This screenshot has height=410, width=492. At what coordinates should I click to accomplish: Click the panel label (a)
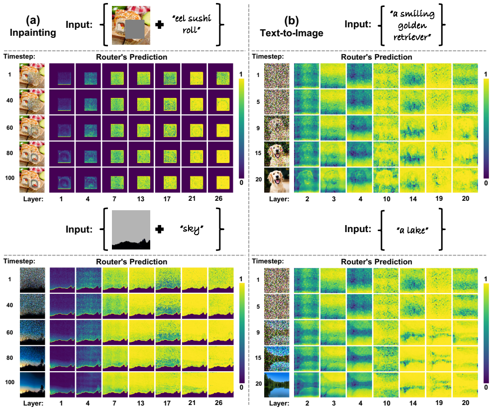33,20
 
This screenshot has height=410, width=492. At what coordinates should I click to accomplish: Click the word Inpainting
33,33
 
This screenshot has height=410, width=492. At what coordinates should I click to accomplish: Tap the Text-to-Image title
292,33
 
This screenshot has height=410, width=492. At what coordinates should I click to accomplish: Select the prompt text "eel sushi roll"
192,24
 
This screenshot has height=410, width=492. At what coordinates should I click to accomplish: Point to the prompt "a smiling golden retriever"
412,25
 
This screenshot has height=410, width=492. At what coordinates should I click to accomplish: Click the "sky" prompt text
192,229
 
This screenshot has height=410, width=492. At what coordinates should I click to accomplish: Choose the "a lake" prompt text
412,231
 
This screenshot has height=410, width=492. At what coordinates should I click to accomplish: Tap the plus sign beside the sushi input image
159,24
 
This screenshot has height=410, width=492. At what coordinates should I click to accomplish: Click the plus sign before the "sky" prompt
159,229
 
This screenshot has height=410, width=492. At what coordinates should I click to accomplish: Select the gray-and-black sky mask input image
131,230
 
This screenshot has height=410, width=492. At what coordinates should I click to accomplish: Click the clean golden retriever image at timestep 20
277,180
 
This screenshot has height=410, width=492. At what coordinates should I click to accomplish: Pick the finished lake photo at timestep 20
277,385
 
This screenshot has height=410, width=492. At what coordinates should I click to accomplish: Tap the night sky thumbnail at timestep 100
32,385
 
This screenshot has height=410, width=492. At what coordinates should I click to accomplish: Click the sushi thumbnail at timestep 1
32,76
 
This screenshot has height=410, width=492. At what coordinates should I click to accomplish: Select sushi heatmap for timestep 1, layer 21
194,76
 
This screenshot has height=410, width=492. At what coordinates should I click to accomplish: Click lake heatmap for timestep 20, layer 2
306,385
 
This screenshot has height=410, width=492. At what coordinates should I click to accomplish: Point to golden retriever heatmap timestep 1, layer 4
359,76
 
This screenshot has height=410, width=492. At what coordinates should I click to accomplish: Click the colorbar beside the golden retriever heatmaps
486,129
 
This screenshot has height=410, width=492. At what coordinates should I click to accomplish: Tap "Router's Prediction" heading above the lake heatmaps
377,262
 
